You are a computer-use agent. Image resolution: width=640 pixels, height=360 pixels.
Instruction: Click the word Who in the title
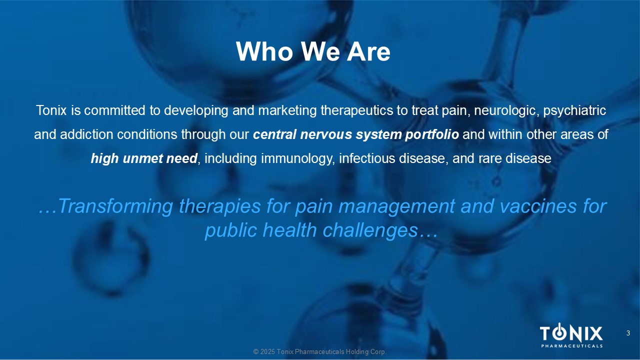[x=264, y=51]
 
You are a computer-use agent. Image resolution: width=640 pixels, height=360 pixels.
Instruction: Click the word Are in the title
[x=368, y=51]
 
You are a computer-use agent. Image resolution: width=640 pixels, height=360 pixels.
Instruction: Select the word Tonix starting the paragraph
[x=51, y=110]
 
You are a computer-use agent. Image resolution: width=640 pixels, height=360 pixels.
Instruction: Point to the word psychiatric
[x=574, y=111]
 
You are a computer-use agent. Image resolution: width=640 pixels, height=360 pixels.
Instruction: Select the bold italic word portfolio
[x=431, y=135]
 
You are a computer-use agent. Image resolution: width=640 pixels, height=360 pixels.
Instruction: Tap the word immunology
[x=298, y=159]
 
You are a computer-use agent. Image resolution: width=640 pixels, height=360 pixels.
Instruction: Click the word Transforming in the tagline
[x=115, y=206]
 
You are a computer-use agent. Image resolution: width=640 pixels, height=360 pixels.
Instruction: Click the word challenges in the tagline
[x=370, y=231]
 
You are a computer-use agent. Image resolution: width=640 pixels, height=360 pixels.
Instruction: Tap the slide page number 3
[x=628, y=333]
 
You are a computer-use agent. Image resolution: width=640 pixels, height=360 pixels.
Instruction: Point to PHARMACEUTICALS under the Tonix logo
[x=572, y=346]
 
